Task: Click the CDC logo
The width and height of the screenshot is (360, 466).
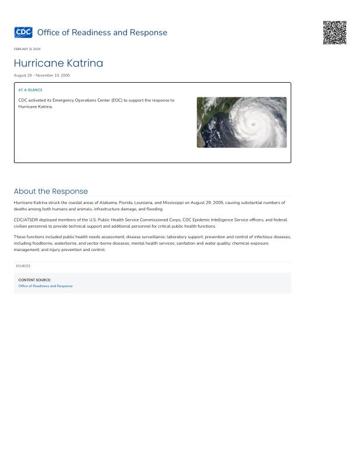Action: click(23, 33)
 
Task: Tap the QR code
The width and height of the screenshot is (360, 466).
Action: click(335, 33)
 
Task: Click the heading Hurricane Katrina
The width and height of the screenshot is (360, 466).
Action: click(58, 63)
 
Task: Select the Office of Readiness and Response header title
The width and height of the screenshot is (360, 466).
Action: click(102, 33)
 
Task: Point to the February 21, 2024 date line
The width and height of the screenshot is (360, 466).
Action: click(27, 49)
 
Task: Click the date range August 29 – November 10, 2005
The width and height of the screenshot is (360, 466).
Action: click(42, 75)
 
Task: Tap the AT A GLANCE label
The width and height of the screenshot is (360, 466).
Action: click(30, 90)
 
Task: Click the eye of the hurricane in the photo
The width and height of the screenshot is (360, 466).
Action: click(253, 124)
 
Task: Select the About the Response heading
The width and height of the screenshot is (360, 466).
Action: click(51, 191)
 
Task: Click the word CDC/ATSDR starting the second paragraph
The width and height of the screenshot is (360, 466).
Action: click(26, 220)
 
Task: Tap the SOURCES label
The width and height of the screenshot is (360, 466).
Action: click(23, 266)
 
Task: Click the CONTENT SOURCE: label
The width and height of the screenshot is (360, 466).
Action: click(34, 280)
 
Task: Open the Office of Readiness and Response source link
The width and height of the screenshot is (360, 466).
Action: click(45, 286)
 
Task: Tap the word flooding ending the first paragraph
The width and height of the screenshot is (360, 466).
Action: click(154, 209)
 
